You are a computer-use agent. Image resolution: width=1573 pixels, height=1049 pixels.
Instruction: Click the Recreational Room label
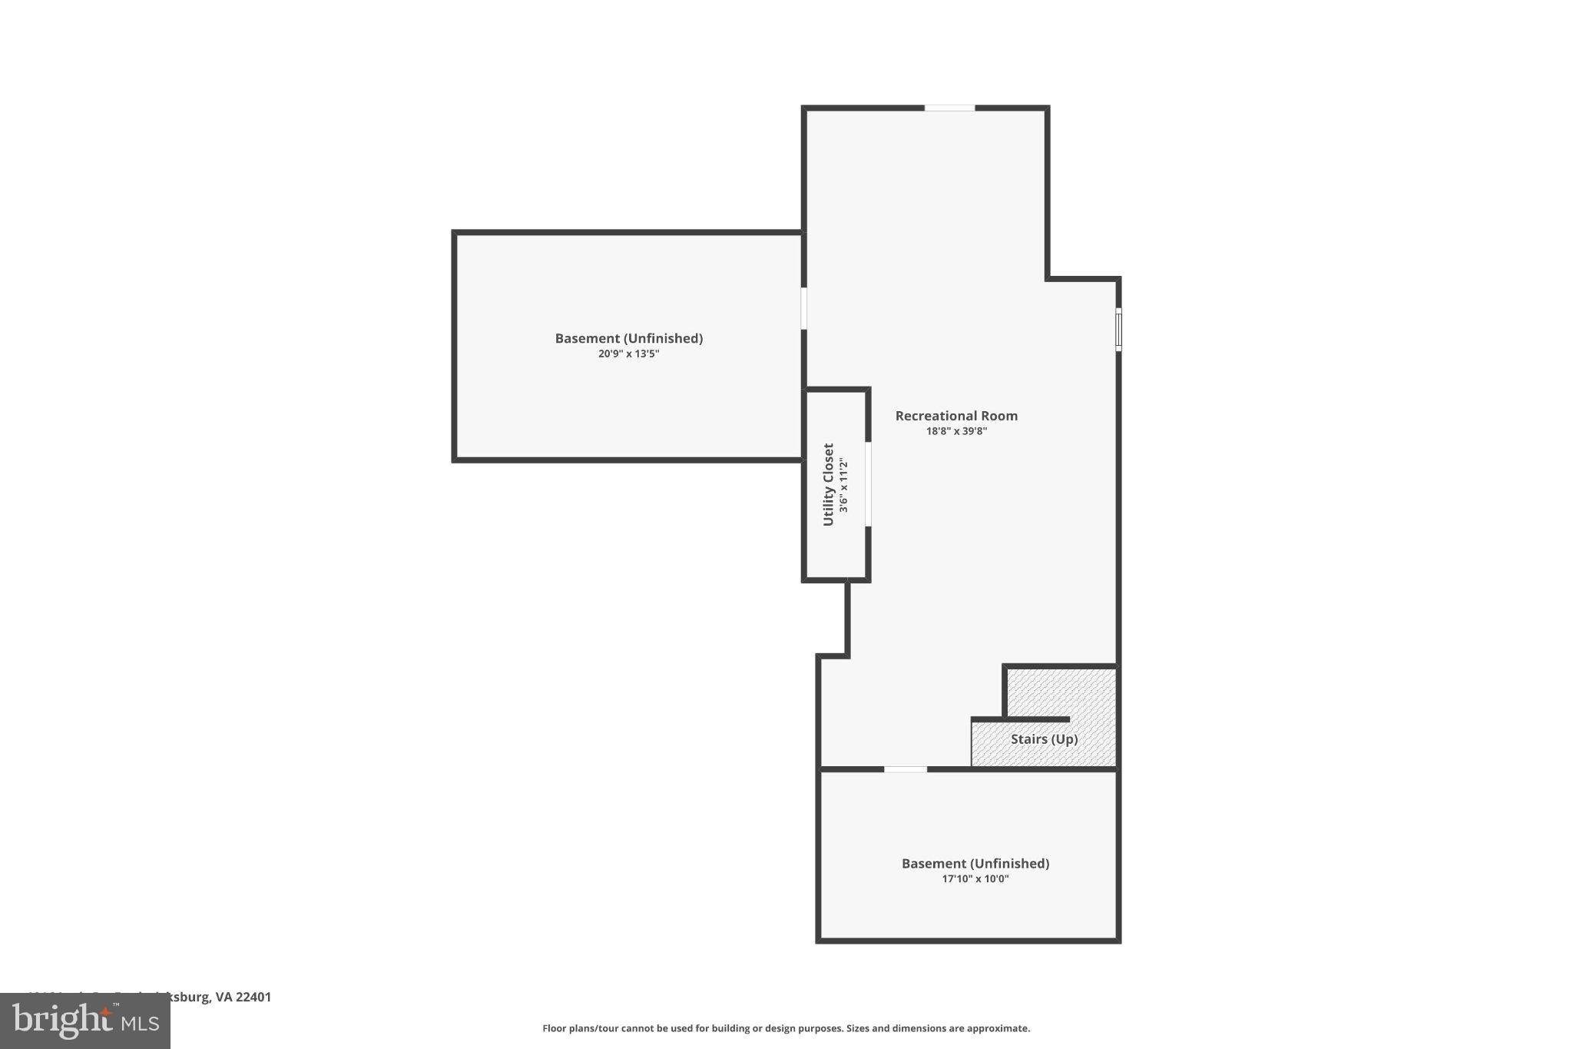[x=956, y=416]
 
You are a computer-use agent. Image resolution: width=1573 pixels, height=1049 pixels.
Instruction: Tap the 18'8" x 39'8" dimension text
[x=956, y=431]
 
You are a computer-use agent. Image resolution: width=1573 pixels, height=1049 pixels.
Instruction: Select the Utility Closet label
[x=828, y=485]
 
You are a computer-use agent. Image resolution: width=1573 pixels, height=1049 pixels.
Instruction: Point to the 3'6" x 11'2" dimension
[x=843, y=485]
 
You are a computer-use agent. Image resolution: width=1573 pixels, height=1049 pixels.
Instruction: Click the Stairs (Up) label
[x=1044, y=739]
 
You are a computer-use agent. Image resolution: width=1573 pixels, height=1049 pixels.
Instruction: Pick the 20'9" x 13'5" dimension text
[x=628, y=354]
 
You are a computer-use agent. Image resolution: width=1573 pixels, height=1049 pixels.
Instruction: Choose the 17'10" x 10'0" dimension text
[x=975, y=879]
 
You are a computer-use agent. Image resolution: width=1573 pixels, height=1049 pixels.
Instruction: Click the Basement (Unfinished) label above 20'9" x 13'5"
[x=628, y=338]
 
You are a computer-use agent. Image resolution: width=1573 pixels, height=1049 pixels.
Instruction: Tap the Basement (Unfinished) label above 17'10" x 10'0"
[x=975, y=864]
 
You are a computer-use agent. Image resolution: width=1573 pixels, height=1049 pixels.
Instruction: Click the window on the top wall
[x=949, y=108]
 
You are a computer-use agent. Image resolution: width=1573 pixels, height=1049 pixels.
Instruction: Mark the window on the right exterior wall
[x=1118, y=330]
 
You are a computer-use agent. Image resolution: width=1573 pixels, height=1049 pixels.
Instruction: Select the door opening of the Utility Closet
[x=869, y=484]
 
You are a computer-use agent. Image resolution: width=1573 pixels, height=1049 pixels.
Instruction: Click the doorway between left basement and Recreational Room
[x=804, y=308]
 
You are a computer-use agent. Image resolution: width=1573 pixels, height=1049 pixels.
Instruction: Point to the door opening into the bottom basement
[x=906, y=768]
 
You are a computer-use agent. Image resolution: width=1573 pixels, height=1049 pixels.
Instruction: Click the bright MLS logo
[x=85, y=1021]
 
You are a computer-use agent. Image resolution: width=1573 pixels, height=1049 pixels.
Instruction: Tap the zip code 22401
[x=253, y=998]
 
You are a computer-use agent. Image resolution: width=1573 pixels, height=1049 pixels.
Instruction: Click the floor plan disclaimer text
[x=786, y=1028]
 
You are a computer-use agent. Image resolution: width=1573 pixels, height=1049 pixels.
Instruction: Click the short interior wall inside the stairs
[x=1021, y=719]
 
